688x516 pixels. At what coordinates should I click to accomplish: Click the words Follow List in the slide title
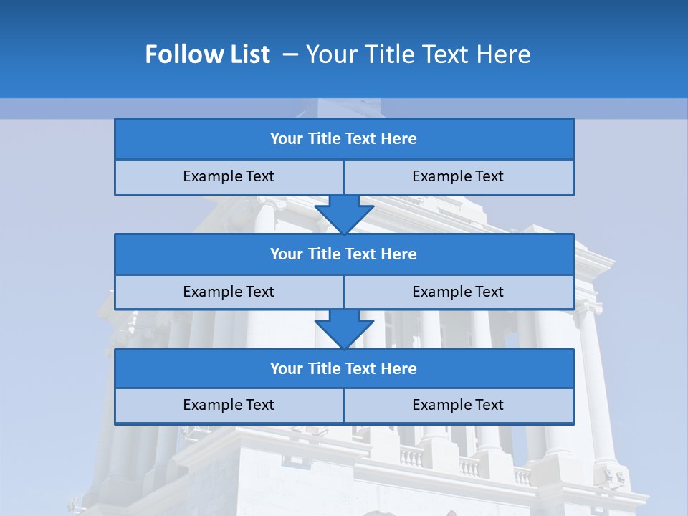point(207,54)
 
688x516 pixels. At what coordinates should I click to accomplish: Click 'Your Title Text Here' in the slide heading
point(419,54)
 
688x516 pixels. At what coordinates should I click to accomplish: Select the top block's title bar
point(344,139)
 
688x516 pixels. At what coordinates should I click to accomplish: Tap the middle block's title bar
point(344,254)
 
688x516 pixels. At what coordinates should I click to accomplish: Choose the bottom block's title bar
point(344,368)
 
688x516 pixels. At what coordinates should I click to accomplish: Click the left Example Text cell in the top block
point(229,176)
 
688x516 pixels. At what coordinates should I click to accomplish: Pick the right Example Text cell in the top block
point(458,176)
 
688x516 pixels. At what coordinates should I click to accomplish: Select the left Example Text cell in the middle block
point(229,292)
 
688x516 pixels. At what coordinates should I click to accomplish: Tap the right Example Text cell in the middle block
point(458,292)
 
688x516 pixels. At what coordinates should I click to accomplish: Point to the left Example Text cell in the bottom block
point(229,405)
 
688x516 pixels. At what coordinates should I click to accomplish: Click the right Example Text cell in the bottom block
point(458,405)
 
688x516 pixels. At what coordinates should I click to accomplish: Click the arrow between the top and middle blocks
point(344,214)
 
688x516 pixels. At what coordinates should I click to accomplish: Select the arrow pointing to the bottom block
point(344,329)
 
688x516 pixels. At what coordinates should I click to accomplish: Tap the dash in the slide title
point(291,54)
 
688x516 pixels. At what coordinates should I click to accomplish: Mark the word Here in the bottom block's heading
point(398,368)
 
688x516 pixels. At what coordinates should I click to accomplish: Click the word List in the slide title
point(248,54)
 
